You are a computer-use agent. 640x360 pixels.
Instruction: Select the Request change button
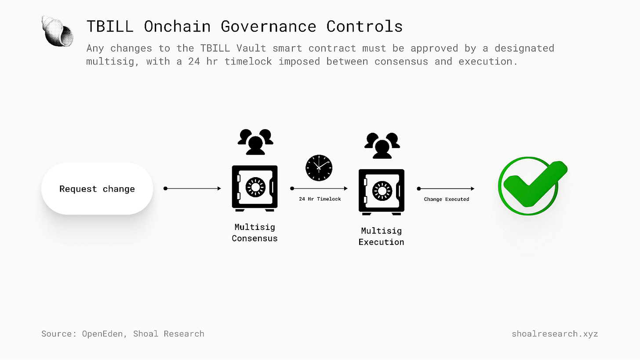coord(97,189)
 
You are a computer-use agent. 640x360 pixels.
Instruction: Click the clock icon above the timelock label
coord(319,168)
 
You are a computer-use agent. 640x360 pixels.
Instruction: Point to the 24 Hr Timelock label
coord(320,199)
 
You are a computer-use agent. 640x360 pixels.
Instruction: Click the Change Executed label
coord(446,199)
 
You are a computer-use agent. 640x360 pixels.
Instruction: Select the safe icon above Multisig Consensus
coord(255,188)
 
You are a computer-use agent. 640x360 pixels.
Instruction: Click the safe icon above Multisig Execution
coord(381,192)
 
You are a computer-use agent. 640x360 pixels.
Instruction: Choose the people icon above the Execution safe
coord(382,145)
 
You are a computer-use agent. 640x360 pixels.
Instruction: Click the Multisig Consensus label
coord(255,233)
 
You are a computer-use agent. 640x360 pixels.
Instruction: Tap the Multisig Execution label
coord(381,236)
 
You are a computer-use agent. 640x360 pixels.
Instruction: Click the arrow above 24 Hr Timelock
coord(319,189)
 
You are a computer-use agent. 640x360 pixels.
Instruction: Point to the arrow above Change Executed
coord(446,189)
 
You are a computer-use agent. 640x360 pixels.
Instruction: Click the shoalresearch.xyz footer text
coord(555,334)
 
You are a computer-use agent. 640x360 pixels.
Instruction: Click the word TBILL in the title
coord(109,26)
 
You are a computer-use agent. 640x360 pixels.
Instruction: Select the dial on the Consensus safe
coord(255,187)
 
